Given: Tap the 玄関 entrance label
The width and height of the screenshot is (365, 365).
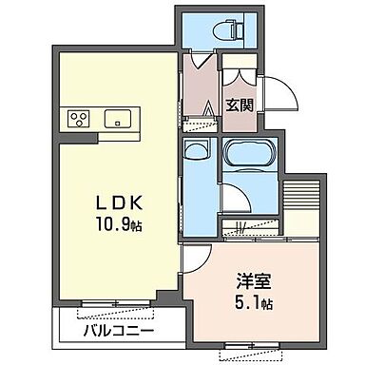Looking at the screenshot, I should coord(239,105).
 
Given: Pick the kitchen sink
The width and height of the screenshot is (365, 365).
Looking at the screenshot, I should coord(120,120).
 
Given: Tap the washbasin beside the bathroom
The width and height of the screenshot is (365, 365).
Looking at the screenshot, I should coord(197,151).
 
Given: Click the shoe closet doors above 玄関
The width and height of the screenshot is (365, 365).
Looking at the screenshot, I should coord(239,77).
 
